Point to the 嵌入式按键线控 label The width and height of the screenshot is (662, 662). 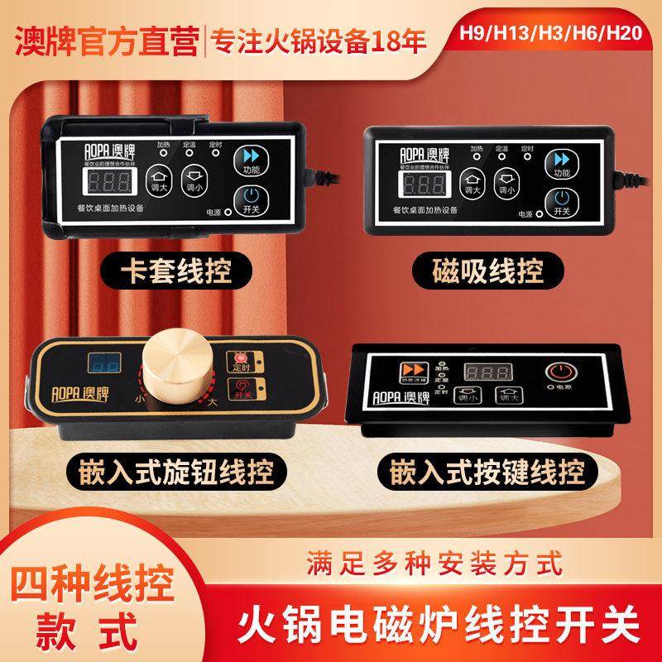pos(487,473)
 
